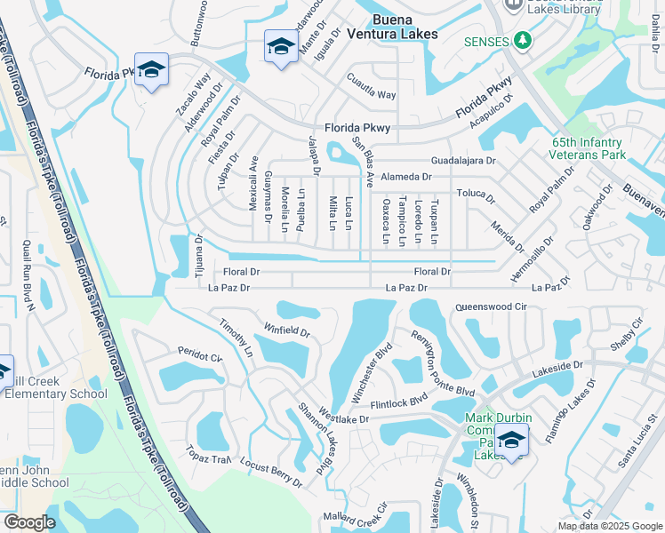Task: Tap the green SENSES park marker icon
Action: [x=524, y=41]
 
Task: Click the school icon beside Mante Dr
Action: [x=281, y=46]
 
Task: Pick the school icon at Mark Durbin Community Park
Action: [x=512, y=440]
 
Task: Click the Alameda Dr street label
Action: [x=405, y=177]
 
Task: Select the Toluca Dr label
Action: [x=475, y=193]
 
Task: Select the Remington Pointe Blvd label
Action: [x=442, y=362]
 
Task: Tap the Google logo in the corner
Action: [x=28, y=522]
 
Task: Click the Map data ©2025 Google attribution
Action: [x=609, y=526]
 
